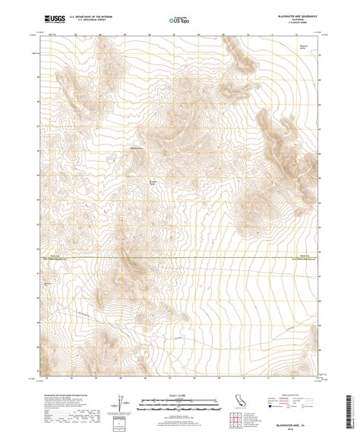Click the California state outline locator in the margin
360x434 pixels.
tap(237, 401)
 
